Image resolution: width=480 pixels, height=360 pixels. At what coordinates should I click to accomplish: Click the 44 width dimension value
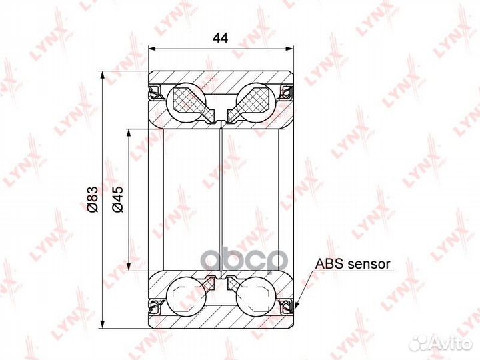pyautogui.click(x=221, y=39)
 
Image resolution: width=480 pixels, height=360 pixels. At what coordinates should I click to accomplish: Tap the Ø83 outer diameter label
pyautogui.click(x=93, y=199)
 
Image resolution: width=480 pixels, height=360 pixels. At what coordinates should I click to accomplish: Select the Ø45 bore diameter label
pyautogui.click(x=117, y=199)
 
